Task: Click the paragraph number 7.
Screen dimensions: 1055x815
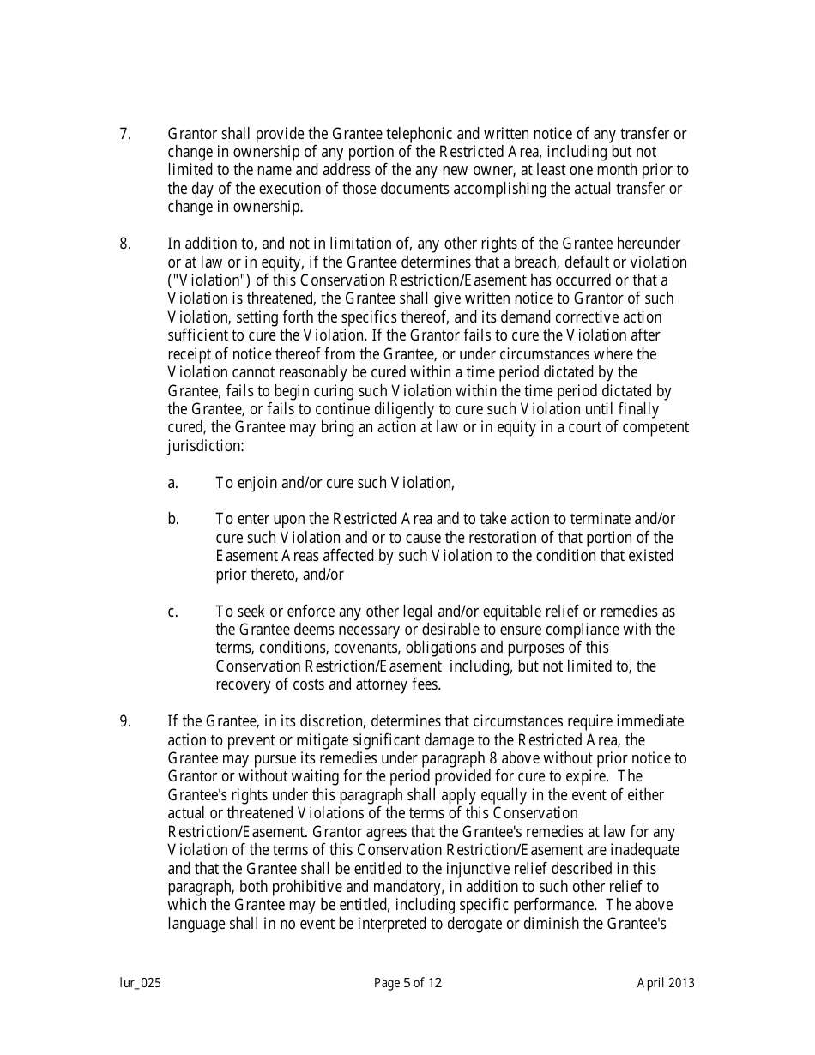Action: tap(124, 134)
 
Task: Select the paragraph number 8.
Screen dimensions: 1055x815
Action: tap(124, 244)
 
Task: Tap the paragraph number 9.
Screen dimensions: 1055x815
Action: tap(124, 721)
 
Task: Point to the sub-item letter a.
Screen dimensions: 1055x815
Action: tap(172, 483)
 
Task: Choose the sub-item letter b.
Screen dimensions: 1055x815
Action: tap(172, 519)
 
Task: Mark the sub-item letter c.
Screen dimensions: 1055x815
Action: tap(172, 612)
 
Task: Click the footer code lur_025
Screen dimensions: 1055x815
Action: tap(140, 983)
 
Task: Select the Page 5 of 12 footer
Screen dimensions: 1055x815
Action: tap(407, 983)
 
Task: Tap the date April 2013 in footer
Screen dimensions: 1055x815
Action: tap(666, 983)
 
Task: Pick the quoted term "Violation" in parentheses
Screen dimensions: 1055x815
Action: tap(202, 280)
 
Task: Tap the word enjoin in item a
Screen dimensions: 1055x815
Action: tap(257, 483)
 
